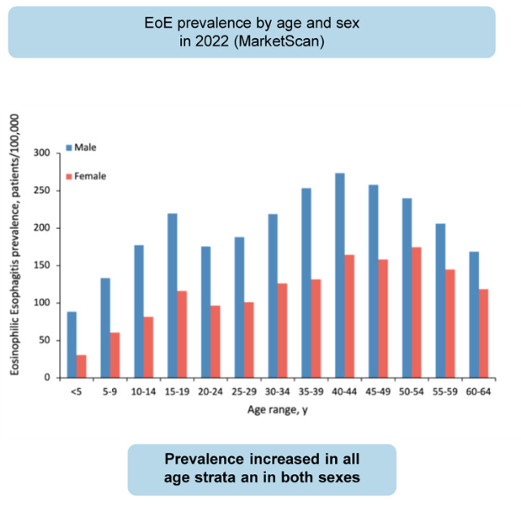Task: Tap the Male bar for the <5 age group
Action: tap(71, 344)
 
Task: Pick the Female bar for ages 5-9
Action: tap(115, 355)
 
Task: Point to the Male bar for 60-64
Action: tap(475, 314)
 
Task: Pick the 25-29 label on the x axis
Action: tap(244, 390)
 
